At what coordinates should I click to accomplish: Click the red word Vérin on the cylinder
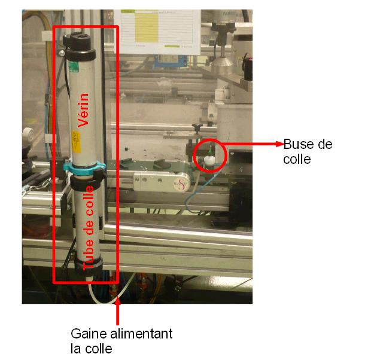(x=84, y=111)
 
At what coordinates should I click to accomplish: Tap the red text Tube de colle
(x=88, y=227)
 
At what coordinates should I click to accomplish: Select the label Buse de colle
(x=307, y=152)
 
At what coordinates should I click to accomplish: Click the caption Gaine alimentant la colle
(x=121, y=340)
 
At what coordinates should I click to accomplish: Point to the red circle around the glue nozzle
(x=209, y=155)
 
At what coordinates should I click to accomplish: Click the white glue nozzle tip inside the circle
(x=210, y=160)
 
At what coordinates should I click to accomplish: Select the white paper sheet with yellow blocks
(x=159, y=27)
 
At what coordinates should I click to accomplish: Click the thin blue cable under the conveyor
(x=191, y=203)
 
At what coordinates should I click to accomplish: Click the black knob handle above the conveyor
(x=198, y=126)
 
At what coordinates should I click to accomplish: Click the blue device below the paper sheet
(x=171, y=60)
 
